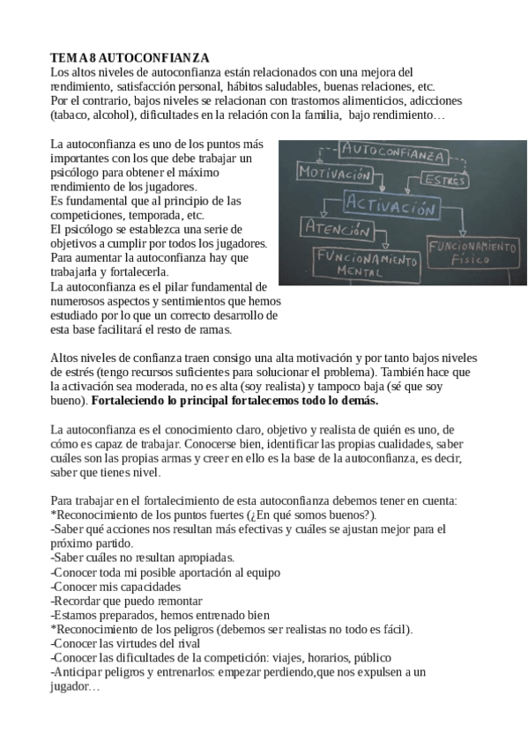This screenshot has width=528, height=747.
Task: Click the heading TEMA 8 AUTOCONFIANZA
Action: (130, 55)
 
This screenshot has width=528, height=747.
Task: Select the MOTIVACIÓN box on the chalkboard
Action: (335, 174)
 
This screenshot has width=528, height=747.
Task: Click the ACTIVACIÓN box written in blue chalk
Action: (390, 210)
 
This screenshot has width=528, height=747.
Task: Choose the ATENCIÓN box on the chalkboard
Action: (333, 231)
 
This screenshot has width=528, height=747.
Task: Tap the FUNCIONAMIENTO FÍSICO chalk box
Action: (472, 252)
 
